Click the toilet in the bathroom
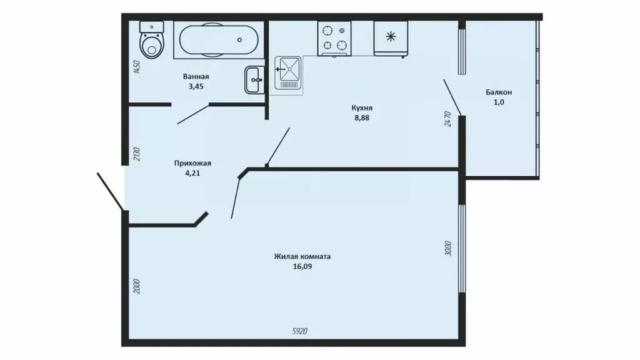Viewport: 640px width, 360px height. (x=151, y=41)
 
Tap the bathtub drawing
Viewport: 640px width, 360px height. (x=216, y=40)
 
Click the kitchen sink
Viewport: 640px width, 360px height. (x=288, y=75)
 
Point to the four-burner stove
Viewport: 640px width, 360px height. (x=334, y=37)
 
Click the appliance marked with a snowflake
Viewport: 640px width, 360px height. (x=391, y=37)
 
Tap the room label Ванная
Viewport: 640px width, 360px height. (x=196, y=77)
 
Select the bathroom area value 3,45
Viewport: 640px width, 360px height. (x=196, y=87)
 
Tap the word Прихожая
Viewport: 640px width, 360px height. (x=191, y=164)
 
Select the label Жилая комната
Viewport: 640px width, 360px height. (x=302, y=256)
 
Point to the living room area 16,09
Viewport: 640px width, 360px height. (x=302, y=266)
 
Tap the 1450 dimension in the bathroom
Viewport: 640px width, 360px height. (x=136, y=67)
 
